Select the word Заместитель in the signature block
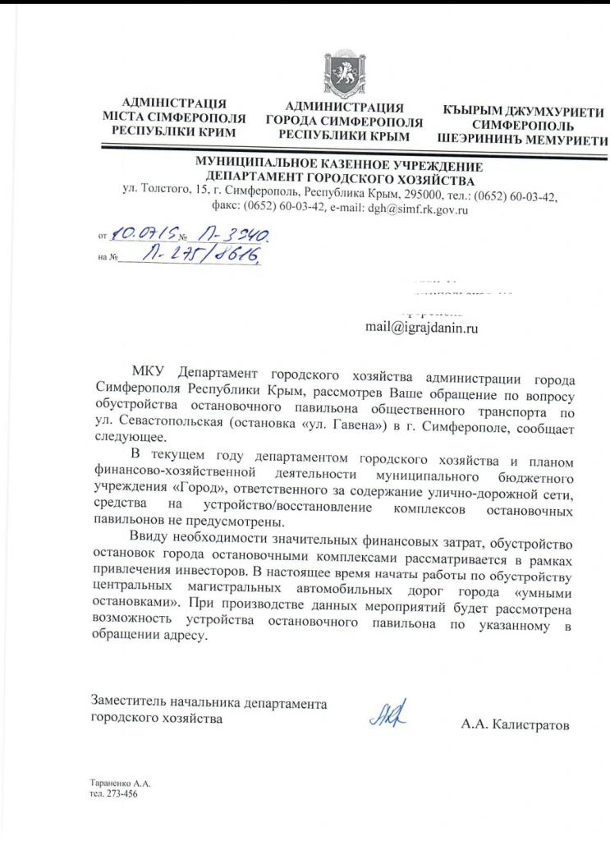[x=132, y=703]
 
